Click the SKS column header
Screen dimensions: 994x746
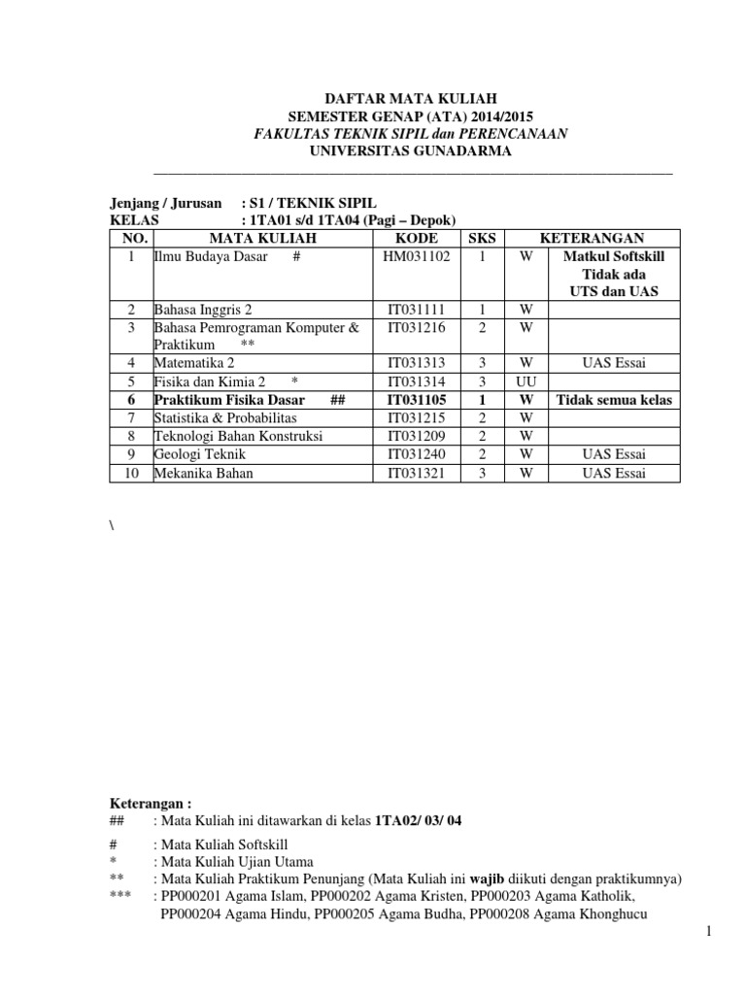pyautogui.click(x=482, y=239)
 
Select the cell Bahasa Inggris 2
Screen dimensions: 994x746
pyautogui.click(x=203, y=310)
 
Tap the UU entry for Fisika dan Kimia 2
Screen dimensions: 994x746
pyautogui.click(x=526, y=382)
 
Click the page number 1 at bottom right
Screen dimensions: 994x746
pyautogui.click(x=710, y=932)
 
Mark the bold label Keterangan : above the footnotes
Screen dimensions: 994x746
pyautogui.click(x=149, y=803)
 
